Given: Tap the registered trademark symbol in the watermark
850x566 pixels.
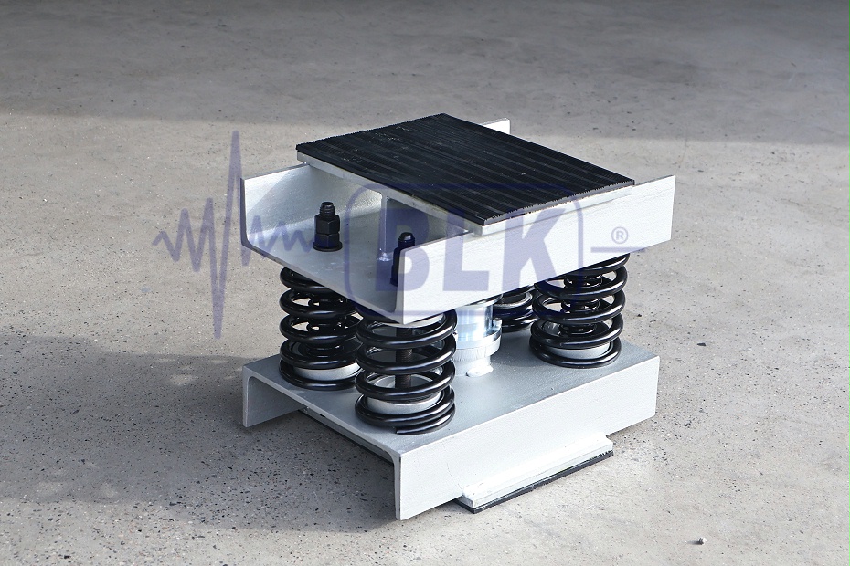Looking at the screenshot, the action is click(x=619, y=236).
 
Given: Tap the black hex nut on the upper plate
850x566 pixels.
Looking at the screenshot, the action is click(x=327, y=227).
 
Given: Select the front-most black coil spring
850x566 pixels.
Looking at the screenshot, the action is click(x=406, y=373).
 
